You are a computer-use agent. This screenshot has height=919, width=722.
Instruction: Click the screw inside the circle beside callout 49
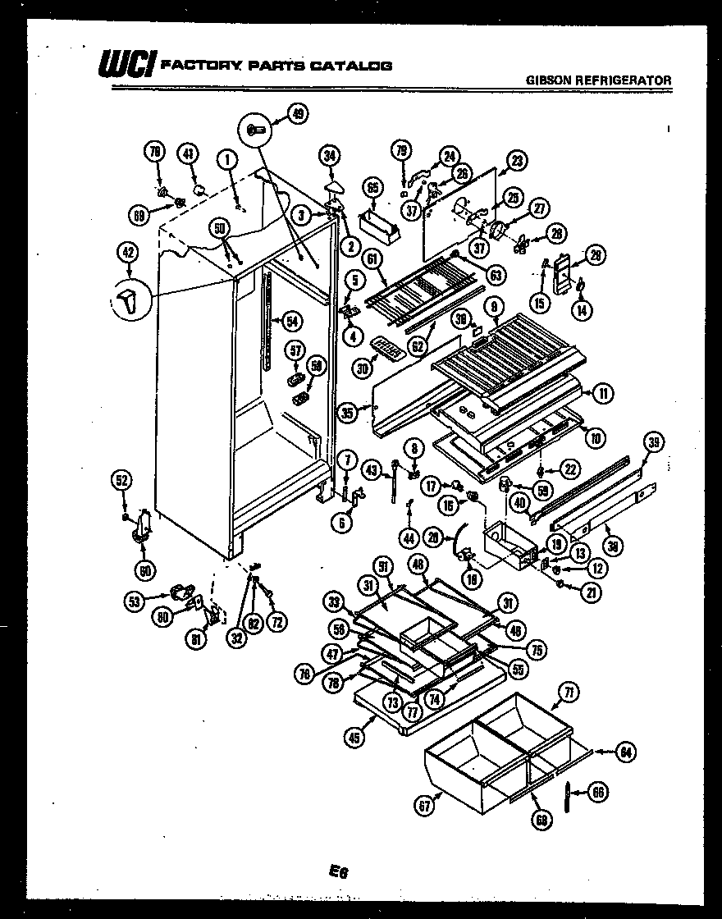254,129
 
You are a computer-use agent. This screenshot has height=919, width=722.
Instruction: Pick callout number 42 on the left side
128,253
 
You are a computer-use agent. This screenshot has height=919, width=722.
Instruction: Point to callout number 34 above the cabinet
330,155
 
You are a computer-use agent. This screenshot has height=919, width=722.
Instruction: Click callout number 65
373,188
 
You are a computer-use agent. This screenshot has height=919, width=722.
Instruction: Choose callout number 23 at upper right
516,162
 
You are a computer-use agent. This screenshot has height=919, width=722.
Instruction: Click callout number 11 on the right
603,394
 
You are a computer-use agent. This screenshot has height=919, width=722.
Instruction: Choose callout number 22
569,469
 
